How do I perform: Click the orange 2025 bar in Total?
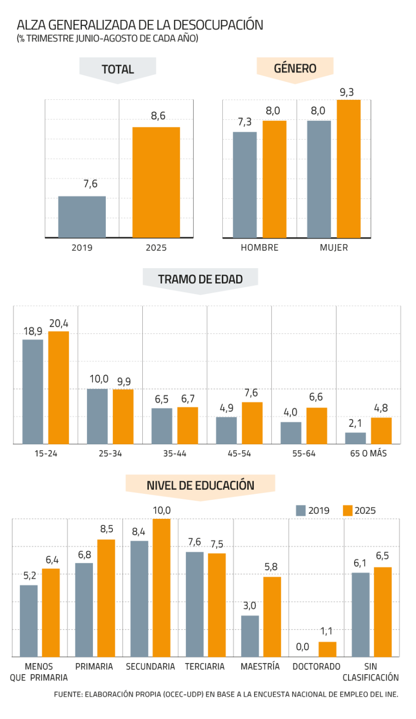[x=156, y=182]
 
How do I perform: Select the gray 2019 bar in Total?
[x=82, y=217]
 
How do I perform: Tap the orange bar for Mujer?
[x=348, y=169]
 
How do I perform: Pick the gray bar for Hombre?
[x=245, y=185]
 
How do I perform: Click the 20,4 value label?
[x=58, y=324]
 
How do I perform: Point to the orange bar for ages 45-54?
[x=252, y=422]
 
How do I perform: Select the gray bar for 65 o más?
[x=356, y=438]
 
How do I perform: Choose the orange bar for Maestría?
[x=272, y=616]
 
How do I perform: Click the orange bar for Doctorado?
[x=327, y=649]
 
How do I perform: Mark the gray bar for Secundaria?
[x=139, y=598]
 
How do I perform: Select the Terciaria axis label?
[x=205, y=667]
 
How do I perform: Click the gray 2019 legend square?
[x=301, y=511]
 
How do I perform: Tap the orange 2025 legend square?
[x=348, y=511]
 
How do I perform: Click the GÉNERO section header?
[x=295, y=68]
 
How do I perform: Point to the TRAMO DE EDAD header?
[x=200, y=279]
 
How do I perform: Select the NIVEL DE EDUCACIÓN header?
[x=200, y=485]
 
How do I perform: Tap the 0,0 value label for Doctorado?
[x=303, y=647]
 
